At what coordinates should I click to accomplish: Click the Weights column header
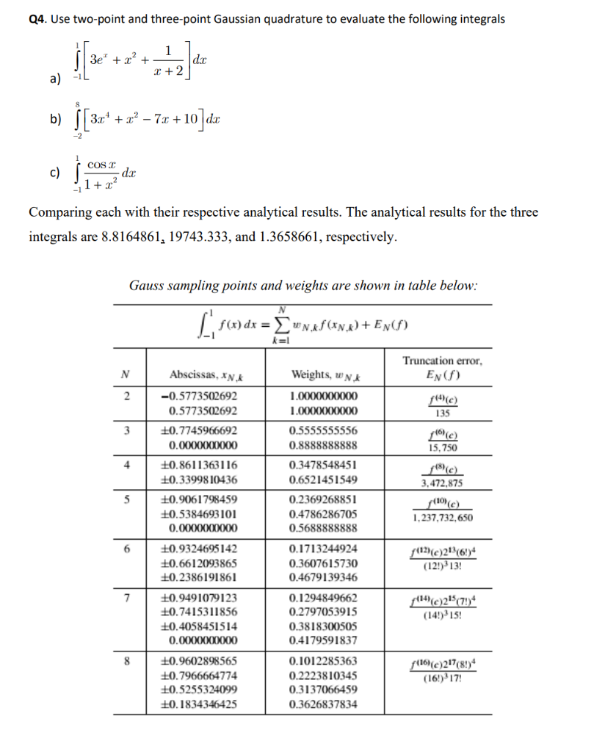(x=324, y=375)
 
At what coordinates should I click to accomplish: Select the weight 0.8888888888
(x=324, y=445)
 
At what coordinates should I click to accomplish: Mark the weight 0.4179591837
(x=324, y=640)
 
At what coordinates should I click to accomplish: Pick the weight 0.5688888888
(x=324, y=528)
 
